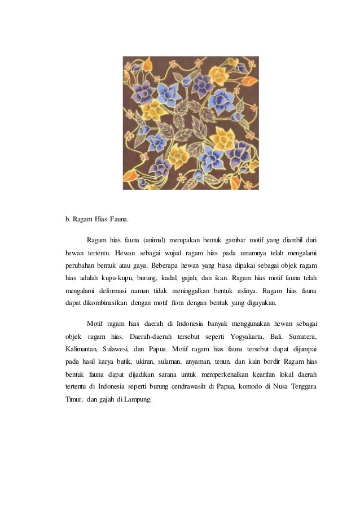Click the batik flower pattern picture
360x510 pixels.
pos(191,123)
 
